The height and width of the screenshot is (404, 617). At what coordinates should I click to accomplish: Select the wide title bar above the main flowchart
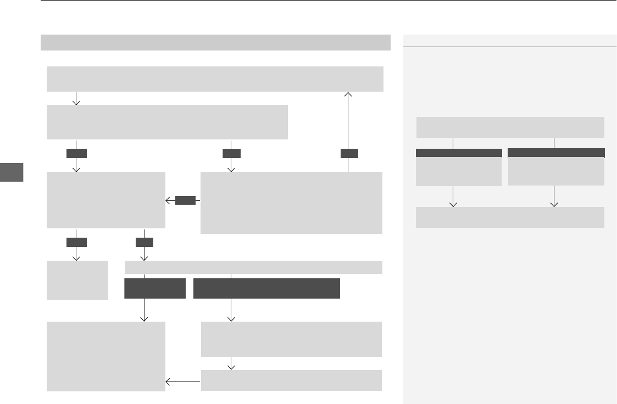[x=215, y=42]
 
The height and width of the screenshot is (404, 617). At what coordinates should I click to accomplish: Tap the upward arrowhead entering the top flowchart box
[x=348, y=95]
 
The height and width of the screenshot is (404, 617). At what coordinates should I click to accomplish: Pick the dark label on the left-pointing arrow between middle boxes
[x=186, y=201]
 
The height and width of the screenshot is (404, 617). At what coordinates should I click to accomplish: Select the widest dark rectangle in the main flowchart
[x=266, y=289]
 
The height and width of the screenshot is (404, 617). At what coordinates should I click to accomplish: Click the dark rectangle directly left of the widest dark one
[x=155, y=289]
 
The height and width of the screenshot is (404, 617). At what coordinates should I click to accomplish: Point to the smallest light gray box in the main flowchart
[x=77, y=280]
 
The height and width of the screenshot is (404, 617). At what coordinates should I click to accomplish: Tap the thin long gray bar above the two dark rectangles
[x=253, y=267]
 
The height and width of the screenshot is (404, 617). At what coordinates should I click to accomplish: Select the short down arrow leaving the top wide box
[x=76, y=99]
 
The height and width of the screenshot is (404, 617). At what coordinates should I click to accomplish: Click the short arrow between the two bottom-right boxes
[x=231, y=363]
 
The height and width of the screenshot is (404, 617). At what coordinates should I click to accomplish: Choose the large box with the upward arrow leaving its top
[x=291, y=203]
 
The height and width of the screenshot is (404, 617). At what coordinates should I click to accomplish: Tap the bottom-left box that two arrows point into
[x=105, y=356]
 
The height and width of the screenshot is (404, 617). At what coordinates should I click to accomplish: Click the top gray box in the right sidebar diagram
[x=510, y=127]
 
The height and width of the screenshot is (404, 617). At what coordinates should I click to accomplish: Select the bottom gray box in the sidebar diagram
[x=510, y=217]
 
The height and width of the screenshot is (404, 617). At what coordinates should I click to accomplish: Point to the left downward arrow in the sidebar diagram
[x=453, y=197]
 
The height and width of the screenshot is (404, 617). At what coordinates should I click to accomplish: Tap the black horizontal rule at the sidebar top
[x=510, y=47]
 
